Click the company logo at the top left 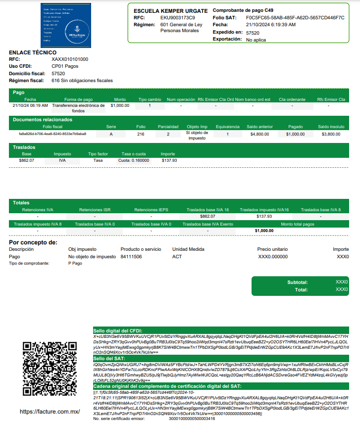click(x=66, y=25)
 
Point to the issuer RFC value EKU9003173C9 click(x=178, y=18)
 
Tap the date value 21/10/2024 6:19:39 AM click(x=271, y=25)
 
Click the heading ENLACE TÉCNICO click(x=33, y=52)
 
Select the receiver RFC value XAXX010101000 click(x=70, y=59)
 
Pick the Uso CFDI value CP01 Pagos click(x=64, y=66)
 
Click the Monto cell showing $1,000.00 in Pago click(x=120, y=105)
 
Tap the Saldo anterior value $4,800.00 click(x=259, y=134)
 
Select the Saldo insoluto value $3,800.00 click(x=331, y=134)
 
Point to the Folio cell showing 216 click(x=141, y=134)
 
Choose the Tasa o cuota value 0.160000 click(x=140, y=160)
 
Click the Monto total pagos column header click(x=298, y=224)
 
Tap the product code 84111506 click(x=131, y=257)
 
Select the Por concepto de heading click(x=33, y=242)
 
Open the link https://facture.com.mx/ click(x=50, y=412)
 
